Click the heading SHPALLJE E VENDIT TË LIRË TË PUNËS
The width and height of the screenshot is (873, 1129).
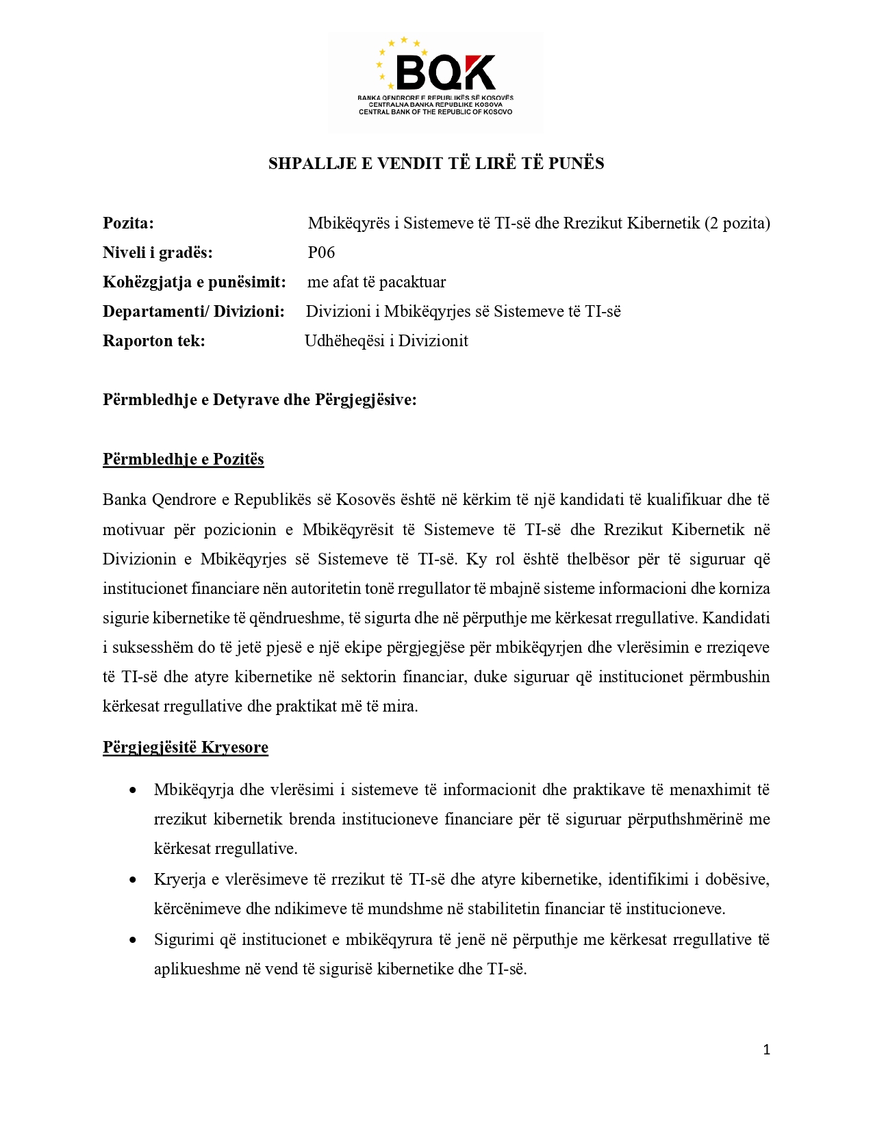[x=436, y=164]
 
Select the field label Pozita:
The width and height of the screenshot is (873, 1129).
[x=128, y=223]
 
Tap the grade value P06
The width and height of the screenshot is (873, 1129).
[x=321, y=252]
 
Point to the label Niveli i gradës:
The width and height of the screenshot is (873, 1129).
[x=157, y=252]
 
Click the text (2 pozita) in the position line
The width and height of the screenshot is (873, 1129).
[x=737, y=223]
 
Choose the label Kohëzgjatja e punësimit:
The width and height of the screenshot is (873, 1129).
[x=194, y=282]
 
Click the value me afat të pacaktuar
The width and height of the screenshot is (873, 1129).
[x=377, y=282]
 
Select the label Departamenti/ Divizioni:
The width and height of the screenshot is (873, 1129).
[x=194, y=311]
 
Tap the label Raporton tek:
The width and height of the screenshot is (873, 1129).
[x=154, y=341]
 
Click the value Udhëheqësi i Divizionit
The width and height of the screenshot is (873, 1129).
[x=386, y=341]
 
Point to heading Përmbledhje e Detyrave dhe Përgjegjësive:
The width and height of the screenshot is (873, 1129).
[x=260, y=400]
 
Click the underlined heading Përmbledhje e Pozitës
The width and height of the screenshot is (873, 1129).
[x=184, y=459]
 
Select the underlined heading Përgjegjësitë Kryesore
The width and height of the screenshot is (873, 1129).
[x=186, y=747]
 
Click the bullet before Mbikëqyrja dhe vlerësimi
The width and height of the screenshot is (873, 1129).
[x=133, y=790]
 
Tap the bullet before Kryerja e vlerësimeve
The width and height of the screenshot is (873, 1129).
[x=133, y=880]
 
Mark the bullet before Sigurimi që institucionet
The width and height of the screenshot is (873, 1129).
[x=133, y=940]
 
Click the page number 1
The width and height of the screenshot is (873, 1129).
[x=767, y=1050]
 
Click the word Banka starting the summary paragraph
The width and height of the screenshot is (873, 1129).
[x=125, y=499]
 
